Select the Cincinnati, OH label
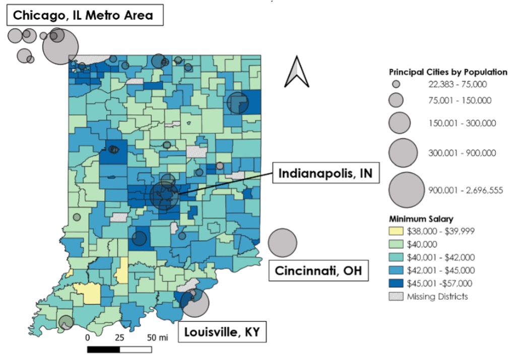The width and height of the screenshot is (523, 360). [318, 271]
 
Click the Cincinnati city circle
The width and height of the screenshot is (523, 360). [283, 242]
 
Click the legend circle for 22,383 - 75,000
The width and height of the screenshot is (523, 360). [396, 84]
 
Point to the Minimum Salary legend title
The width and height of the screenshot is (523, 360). [421, 219]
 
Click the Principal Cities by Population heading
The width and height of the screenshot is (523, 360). [448, 72]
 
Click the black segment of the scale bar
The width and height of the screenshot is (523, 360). [103, 348]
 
